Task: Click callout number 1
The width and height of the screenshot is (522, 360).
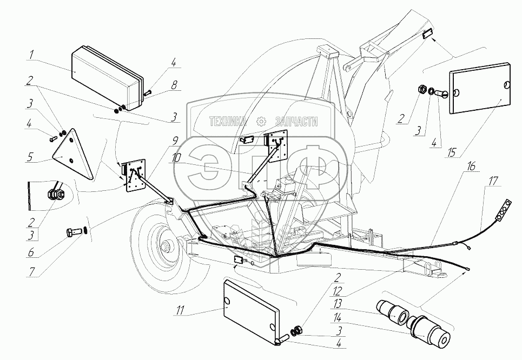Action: click(32, 55)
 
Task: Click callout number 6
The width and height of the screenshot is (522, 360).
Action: click(31, 252)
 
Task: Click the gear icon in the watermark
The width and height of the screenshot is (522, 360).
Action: click(261, 122)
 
